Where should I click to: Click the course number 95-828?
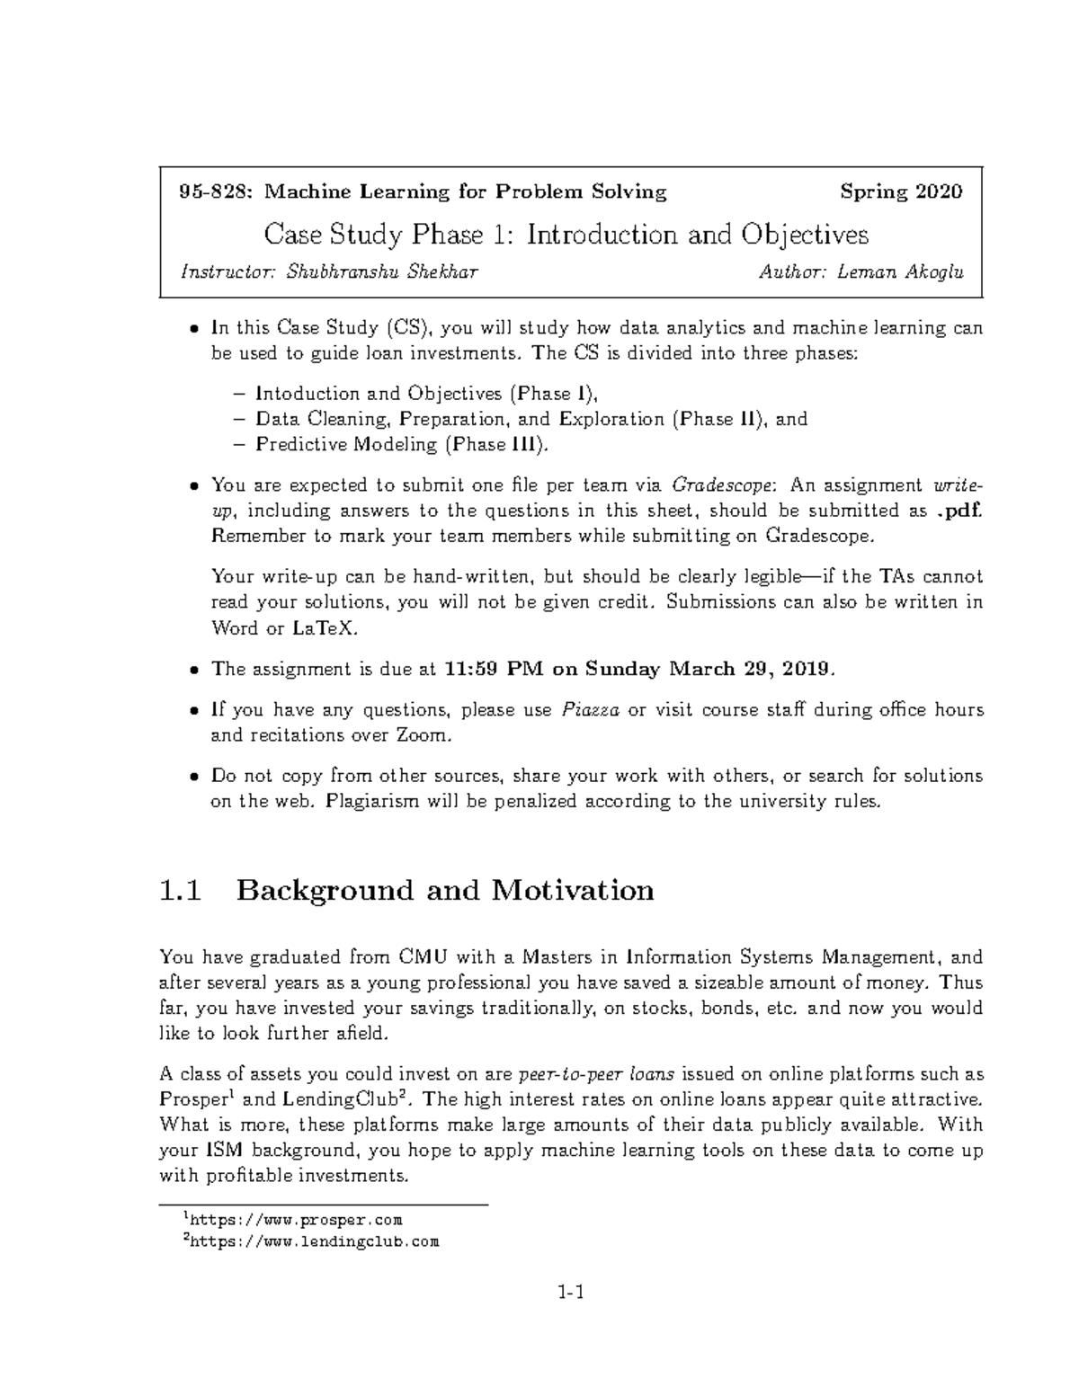coord(206,191)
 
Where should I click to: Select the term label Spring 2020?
coord(901,191)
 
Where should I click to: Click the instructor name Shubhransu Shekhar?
coord(382,272)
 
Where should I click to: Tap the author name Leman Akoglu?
coord(900,272)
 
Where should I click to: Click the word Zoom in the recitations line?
coord(419,736)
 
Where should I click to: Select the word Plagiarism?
coord(385,802)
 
